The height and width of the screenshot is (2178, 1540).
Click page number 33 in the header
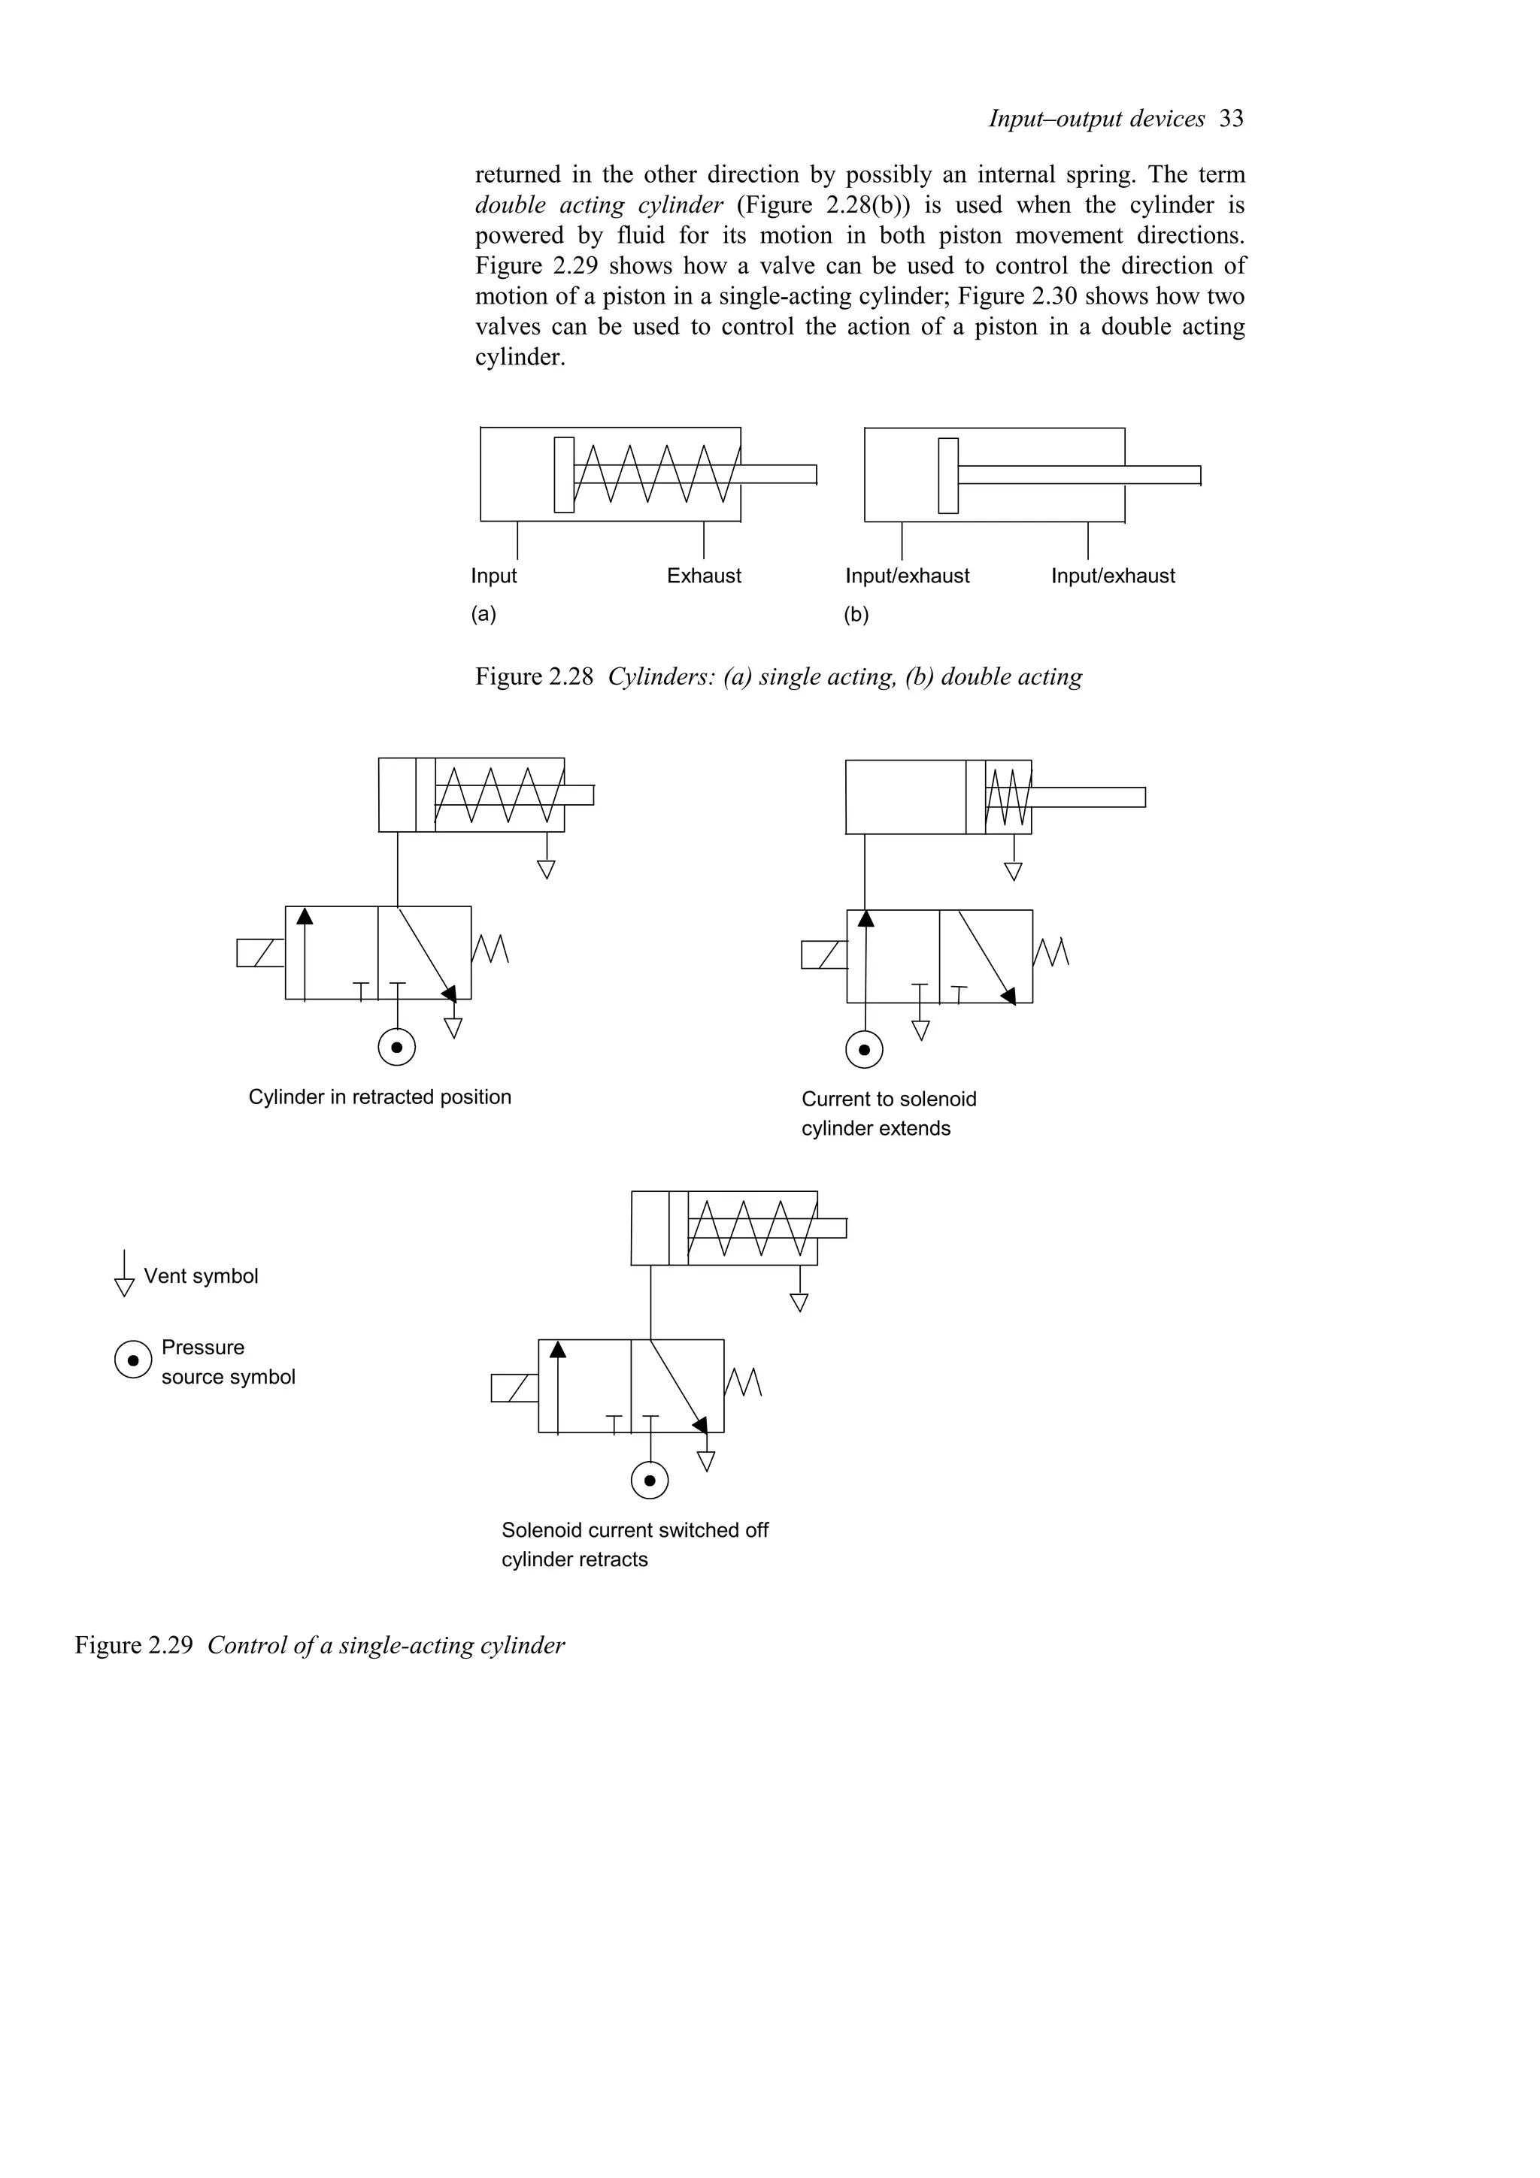pyautogui.click(x=1231, y=119)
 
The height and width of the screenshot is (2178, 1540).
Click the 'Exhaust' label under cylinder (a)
pyautogui.click(x=703, y=576)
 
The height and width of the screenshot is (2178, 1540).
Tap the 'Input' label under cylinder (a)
pyautogui.click(x=493, y=576)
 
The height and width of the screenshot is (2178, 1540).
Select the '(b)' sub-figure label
pyautogui.click(x=856, y=615)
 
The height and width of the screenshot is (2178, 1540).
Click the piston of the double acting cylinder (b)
pyautogui.click(x=948, y=475)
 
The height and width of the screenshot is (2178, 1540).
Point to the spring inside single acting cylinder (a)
pyautogui.click(x=655, y=473)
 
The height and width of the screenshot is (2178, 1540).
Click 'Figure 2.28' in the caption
pyautogui.click(x=533, y=677)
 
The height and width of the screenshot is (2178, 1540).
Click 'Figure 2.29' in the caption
pyautogui.click(x=133, y=1645)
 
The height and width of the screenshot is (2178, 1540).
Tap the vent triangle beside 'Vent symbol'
pyautogui.click(x=124, y=1287)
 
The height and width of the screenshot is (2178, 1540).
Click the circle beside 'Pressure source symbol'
pyautogui.click(x=133, y=1360)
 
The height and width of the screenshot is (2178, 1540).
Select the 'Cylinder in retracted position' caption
pyautogui.click(x=380, y=1097)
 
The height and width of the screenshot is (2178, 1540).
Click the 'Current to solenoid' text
pyautogui.click(x=888, y=1100)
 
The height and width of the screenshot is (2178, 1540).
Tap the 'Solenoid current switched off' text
pyautogui.click(x=634, y=1530)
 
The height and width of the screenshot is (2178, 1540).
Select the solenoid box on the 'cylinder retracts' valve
pyautogui.click(x=514, y=1388)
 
